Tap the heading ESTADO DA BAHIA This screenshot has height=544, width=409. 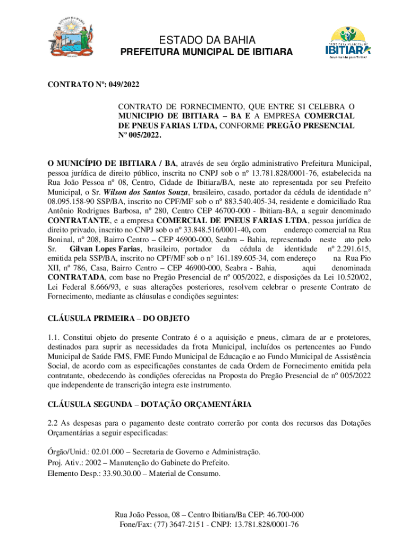[x=206, y=40]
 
